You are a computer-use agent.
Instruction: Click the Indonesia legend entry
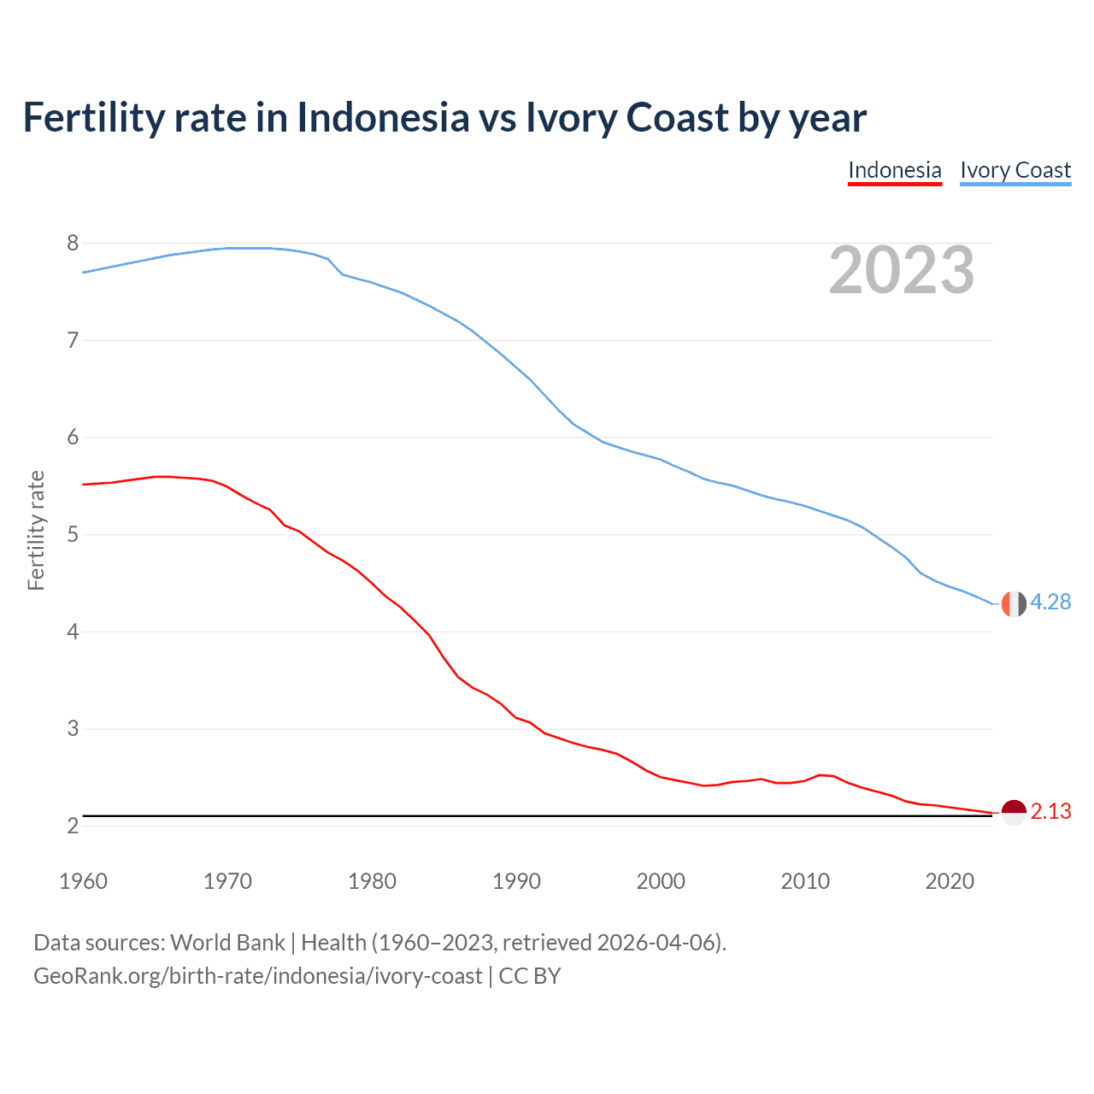pos(894,170)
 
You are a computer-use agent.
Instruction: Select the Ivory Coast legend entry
pos(1015,170)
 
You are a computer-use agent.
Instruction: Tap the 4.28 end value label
pos(1050,603)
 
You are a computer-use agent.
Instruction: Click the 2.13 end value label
pos(1050,811)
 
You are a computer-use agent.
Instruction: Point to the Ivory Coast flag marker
pos(1013,603)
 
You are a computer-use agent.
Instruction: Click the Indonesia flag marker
pos(1013,812)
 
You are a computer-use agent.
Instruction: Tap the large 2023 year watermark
pos(902,270)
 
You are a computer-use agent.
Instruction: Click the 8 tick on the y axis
pos(73,244)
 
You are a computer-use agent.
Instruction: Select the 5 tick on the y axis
pos(73,535)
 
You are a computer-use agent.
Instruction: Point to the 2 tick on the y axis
pos(73,826)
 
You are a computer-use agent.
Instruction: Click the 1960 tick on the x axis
pos(83,881)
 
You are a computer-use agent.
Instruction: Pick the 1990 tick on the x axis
pos(516,881)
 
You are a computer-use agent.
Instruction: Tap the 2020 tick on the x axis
pos(950,881)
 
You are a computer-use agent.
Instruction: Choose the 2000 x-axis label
pos(661,881)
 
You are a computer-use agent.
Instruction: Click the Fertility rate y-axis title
pos(36,530)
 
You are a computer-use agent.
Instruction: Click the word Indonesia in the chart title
pos(383,117)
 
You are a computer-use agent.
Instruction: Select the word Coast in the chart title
pos(677,117)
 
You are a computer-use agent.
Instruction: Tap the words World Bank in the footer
pos(227,943)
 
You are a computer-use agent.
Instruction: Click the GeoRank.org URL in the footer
pos(257,976)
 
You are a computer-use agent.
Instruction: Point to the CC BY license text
pos(530,976)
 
